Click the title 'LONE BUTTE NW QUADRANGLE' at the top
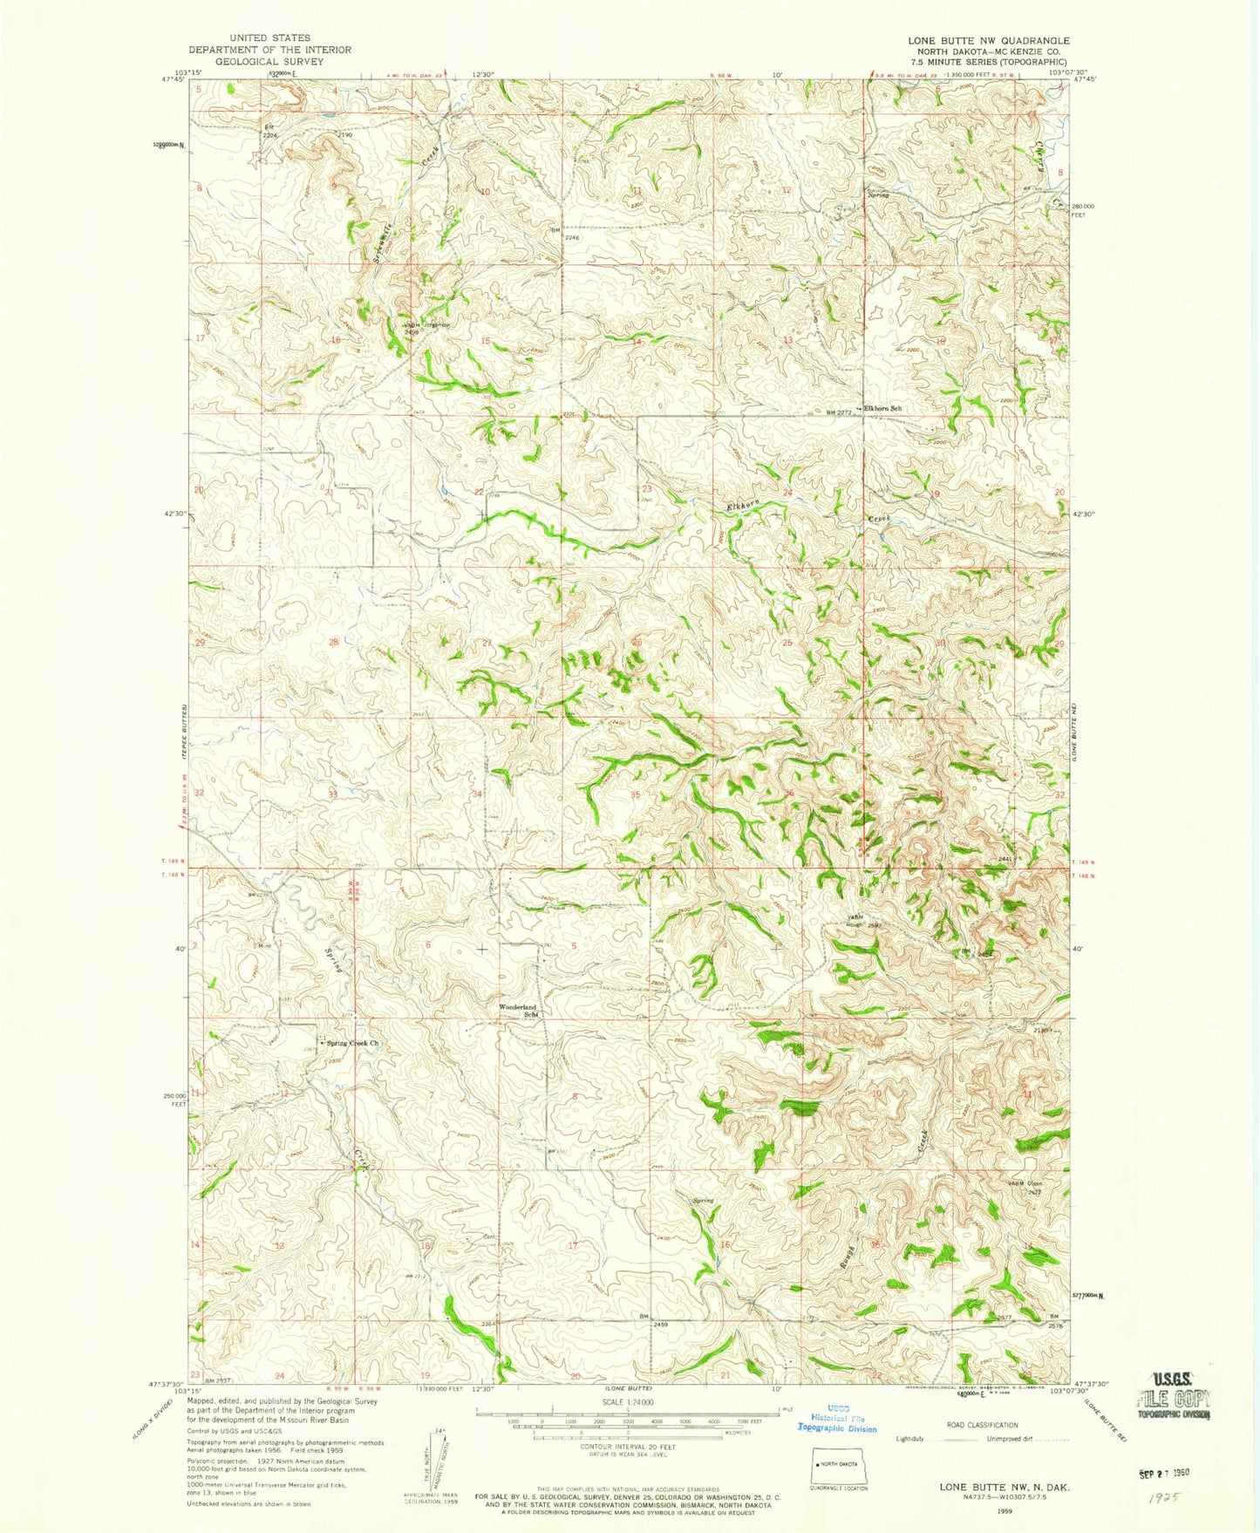988,41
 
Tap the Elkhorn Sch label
882,408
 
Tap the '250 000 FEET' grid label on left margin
177,1099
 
